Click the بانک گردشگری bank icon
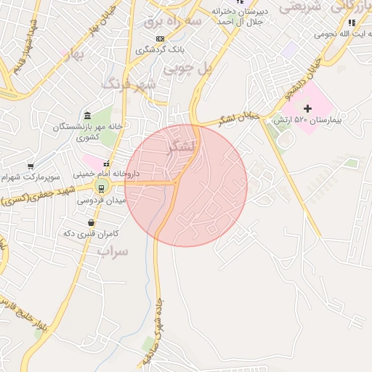(160, 39)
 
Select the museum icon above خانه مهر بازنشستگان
(87, 116)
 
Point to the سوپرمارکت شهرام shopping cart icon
(31, 166)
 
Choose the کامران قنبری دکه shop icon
(92, 223)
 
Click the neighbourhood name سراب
(112, 252)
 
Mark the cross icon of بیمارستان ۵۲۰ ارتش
(308, 108)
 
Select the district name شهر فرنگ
(130, 84)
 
